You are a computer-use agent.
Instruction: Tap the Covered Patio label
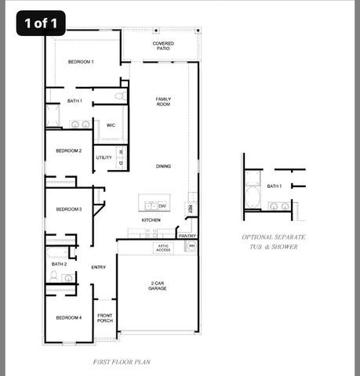click(163, 46)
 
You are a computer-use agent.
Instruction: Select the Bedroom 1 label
click(80, 61)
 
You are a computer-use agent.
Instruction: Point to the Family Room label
click(163, 101)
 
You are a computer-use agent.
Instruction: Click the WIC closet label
click(111, 125)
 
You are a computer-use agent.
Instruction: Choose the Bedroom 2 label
click(69, 150)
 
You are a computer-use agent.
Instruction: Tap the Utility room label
click(104, 157)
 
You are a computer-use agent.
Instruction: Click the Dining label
click(163, 166)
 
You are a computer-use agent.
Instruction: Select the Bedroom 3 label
click(69, 209)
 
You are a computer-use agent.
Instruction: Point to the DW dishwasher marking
click(162, 206)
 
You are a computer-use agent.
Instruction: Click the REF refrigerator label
click(190, 208)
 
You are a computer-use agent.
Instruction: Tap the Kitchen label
click(151, 220)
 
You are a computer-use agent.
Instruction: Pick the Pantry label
click(187, 235)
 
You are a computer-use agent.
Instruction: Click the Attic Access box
click(162, 248)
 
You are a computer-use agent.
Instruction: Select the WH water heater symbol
click(190, 247)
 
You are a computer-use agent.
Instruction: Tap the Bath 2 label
click(59, 264)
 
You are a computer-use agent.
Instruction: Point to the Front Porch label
click(104, 318)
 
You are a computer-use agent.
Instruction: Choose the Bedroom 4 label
click(69, 317)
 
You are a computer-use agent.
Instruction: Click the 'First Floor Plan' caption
click(122, 362)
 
